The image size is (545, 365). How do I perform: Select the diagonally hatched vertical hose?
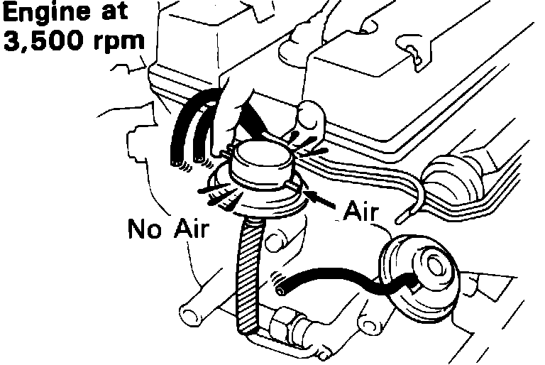249,277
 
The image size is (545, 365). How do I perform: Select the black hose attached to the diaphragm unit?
341,278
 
